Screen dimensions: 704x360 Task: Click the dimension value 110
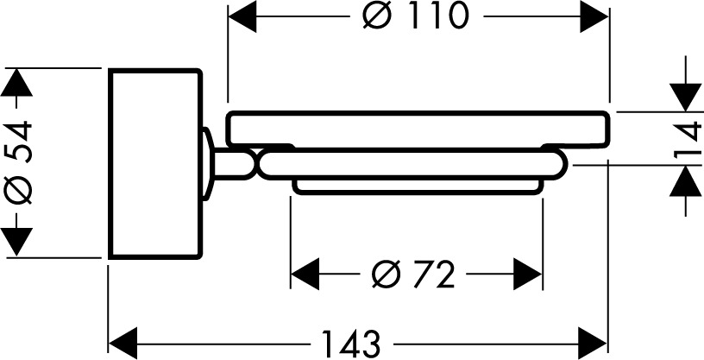(x=439, y=16)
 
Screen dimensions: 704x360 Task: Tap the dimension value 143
(x=351, y=344)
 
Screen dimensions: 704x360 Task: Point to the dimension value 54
(x=19, y=141)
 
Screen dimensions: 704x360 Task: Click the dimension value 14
(x=688, y=138)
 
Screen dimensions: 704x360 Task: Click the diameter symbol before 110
(x=378, y=16)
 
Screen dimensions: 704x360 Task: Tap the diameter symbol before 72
(x=386, y=275)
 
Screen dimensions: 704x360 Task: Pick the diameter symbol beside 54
(x=18, y=189)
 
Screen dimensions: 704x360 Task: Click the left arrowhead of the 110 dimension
(x=242, y=16)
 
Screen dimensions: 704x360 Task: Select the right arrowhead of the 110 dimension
(x=594, y=16)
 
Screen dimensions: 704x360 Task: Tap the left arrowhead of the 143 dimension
(x=123, y=344)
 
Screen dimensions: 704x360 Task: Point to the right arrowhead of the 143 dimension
(x=593, y=344)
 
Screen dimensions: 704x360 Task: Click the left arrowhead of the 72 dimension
(x=305, y=275)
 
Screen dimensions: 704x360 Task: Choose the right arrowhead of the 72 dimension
(x=528, y=275)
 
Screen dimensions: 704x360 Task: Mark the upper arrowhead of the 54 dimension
(x=16, y=82)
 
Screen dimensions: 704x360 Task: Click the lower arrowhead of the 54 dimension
(x=16, y=242)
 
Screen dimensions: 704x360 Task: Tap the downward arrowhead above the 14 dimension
(x=686, y=98)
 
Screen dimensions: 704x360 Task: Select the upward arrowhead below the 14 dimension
(x=686, y=180)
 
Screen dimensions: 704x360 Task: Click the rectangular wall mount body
(x=155, y=164)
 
